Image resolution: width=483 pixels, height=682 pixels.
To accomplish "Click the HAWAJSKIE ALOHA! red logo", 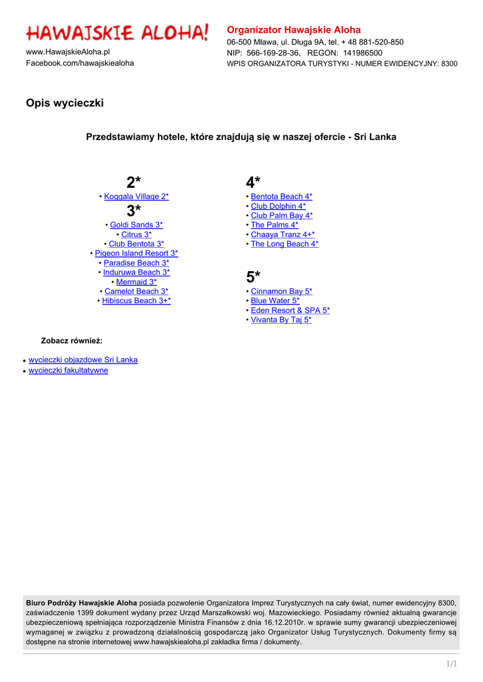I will (117, 32).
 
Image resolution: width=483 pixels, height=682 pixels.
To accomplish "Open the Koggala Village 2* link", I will (137, 196).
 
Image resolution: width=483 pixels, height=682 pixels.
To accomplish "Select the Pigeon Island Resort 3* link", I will (137, 254).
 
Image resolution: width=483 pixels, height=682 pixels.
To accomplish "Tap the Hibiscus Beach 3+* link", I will (137, 301).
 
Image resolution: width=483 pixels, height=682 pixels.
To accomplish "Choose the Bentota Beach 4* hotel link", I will (281, 196).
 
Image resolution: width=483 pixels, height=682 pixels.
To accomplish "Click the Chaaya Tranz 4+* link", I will (282, 234).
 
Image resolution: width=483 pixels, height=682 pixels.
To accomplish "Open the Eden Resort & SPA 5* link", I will (290, 310).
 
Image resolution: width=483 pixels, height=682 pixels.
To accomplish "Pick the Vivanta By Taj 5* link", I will (280, 320).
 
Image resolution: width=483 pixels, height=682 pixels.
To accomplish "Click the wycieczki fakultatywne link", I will (68, 370).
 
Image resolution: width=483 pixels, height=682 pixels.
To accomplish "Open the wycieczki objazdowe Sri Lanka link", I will (83, 360).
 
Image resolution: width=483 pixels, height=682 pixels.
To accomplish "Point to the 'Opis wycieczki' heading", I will (65, 103).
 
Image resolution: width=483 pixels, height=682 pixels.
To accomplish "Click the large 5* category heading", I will (253, 277).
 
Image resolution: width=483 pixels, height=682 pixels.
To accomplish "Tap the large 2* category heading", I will (134, 182).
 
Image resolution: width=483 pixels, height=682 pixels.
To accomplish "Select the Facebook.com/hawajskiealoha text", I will (79, 63).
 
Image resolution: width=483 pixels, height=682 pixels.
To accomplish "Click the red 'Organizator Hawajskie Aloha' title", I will (294, 30).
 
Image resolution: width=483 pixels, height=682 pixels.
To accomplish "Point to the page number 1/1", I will (452, 663).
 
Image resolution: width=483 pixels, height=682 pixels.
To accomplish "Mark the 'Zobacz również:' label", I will (72, 340).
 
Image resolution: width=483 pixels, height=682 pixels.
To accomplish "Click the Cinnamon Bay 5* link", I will (281, 292).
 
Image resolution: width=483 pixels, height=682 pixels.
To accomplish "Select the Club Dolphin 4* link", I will (278, 206).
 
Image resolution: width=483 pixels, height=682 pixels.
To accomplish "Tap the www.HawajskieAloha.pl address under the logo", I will (68, 51).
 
